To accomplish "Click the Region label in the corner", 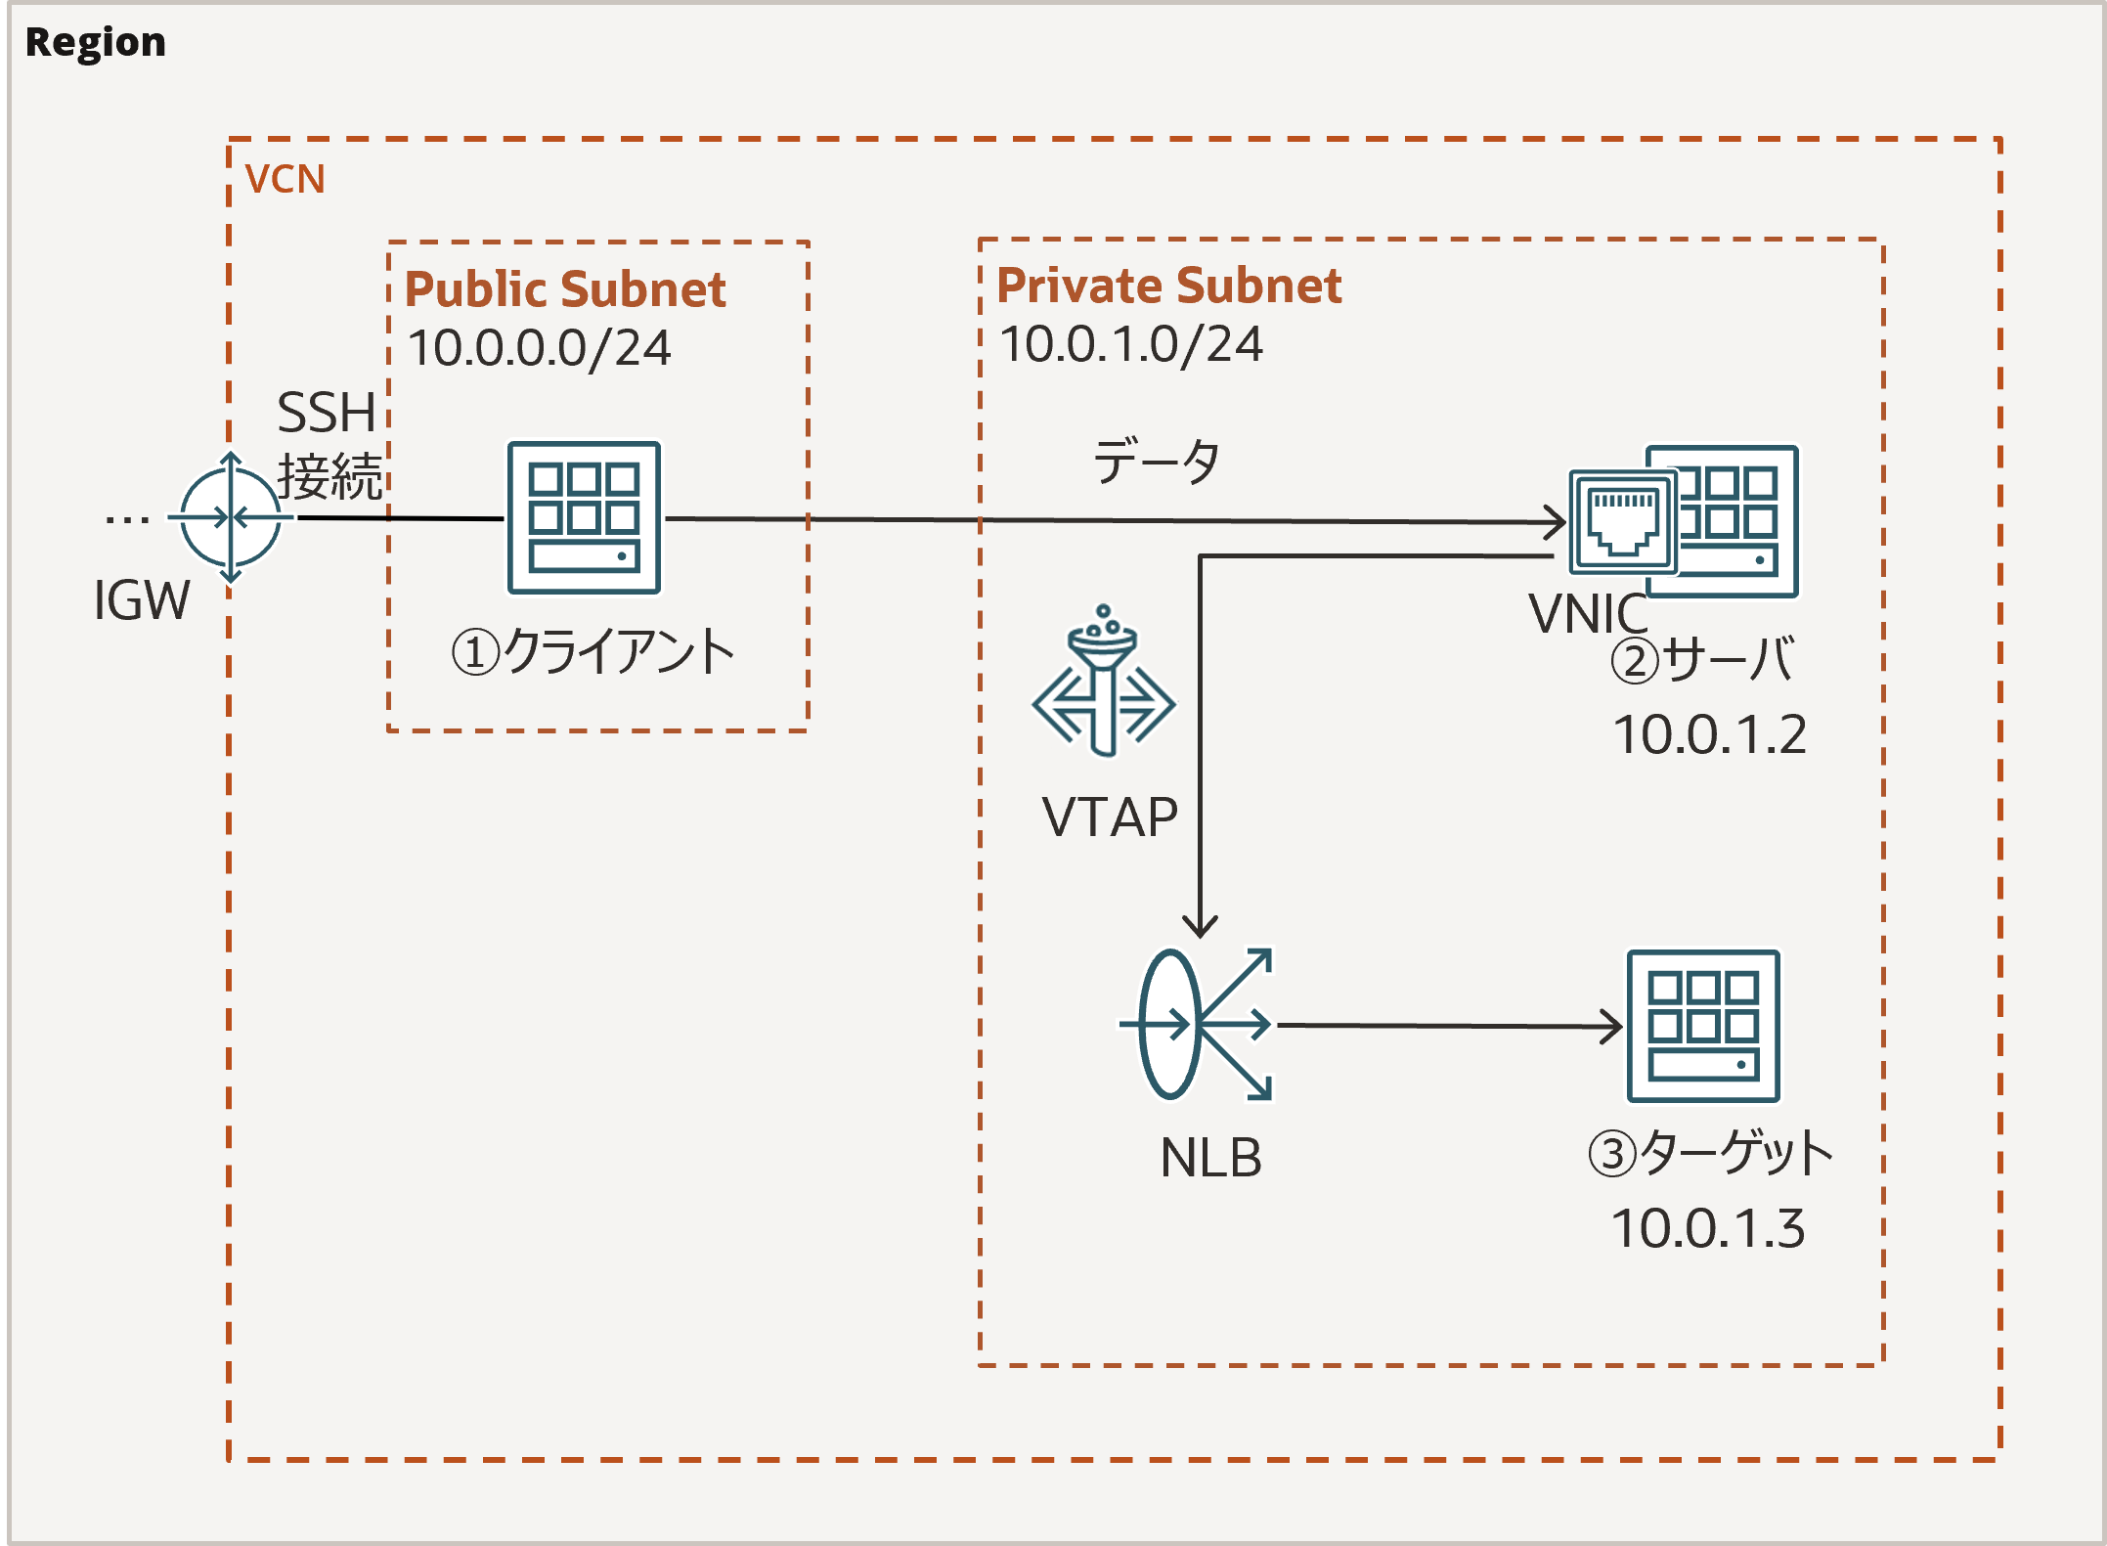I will (x=95, y=42).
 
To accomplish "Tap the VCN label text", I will (x=285, y=179).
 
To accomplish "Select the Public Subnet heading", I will (x=565, y=288).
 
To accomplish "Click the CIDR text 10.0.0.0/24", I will (x=540, y=347).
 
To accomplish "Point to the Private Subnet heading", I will (x=1168, y=286).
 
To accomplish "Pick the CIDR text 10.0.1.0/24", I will (x=1131, y=344).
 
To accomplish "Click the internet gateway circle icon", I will (x=231, y=517).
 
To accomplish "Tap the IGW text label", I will (x=141, y=599).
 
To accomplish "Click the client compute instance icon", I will (x=584, y=517).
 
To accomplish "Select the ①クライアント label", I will (x=593, y=651).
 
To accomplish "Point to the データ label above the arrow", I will (x=1156, y=461).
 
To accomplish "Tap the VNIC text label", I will (x=1588, y=614).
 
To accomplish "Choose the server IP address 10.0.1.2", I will (x=1709, y=734).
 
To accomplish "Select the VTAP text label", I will (x=1110, y=817).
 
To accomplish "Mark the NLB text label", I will (x=1210, y=1158).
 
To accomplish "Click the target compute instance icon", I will (x=1703, y=1026).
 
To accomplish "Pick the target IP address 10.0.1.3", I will (x=1707, y=1228).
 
